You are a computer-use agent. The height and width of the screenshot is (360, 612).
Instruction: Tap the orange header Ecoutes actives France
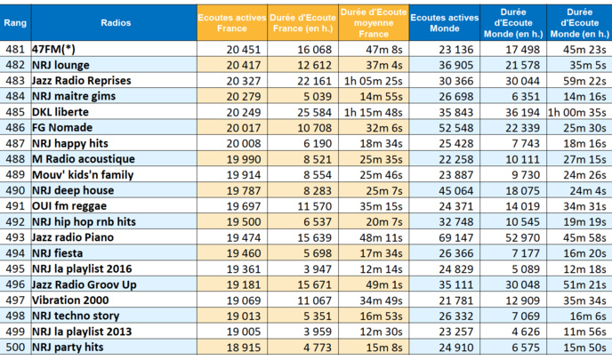pos(229,21)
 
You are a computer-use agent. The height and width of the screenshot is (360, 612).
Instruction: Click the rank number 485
pos(14,112)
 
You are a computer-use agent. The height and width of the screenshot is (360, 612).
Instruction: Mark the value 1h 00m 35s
pos(578,112)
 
